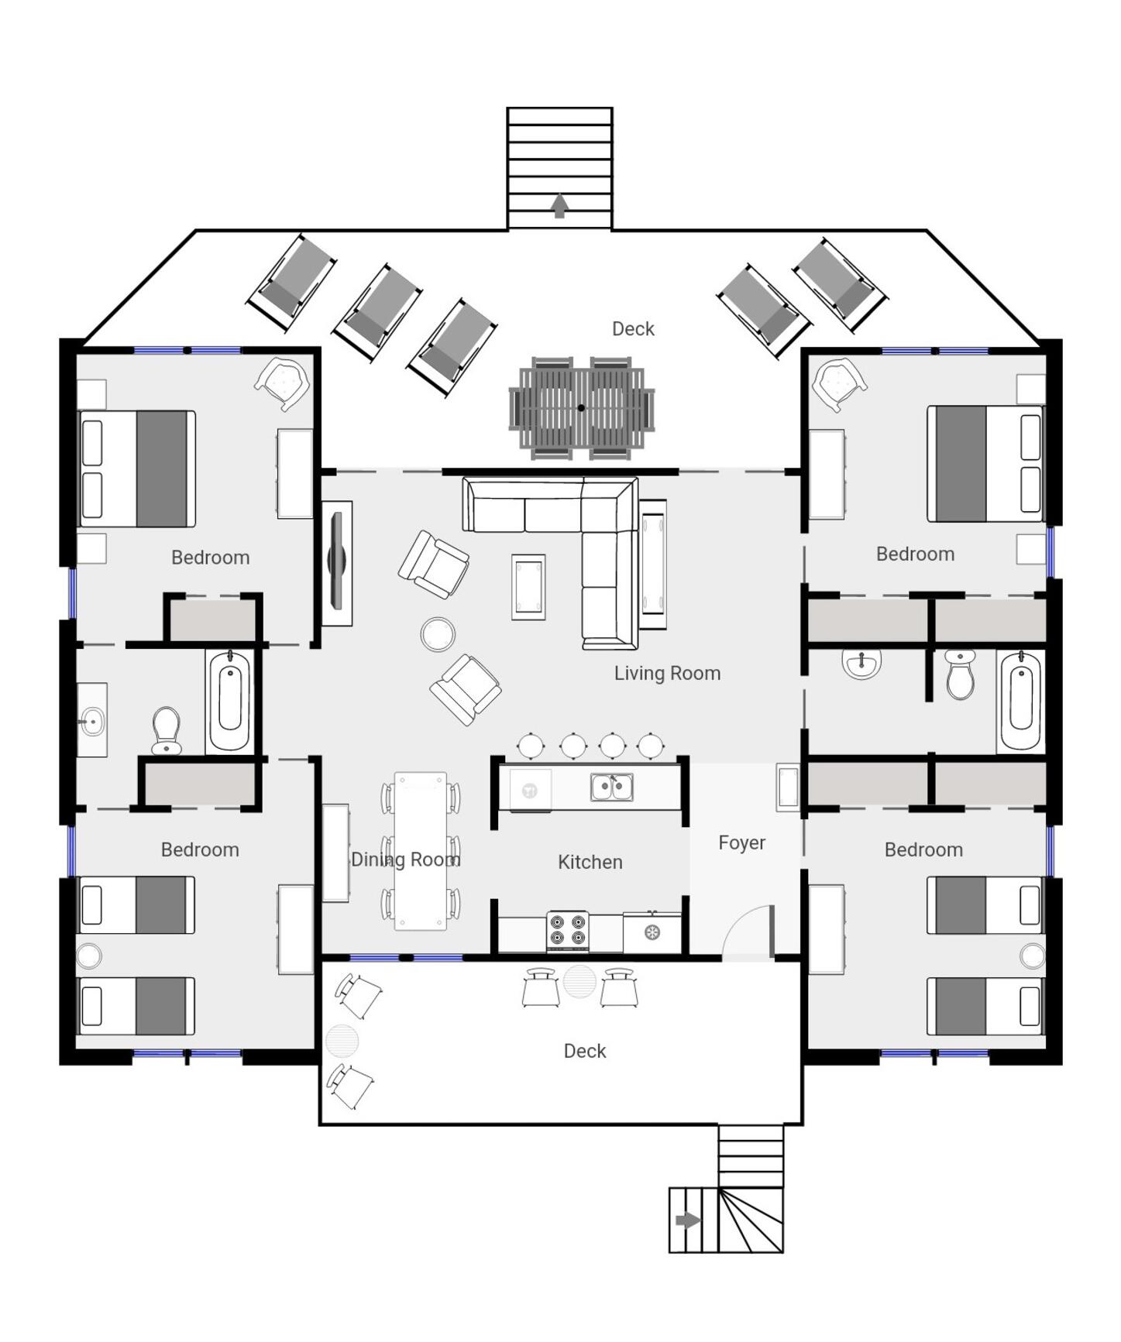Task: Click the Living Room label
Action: pos(667,673)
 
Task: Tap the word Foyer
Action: pos(741,843)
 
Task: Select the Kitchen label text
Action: pos(590,862)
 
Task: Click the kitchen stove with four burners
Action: pos(567,932)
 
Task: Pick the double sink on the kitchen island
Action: pos(612,788)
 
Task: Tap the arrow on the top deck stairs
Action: pos(559,206)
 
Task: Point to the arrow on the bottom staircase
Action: pos(688,1220)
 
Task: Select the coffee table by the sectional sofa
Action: pos(528,587)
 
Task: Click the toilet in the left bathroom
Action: pos(167,730)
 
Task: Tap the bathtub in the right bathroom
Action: pos(1020,701)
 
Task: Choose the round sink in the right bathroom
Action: pos(861,664)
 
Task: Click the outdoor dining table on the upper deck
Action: pos(582,408)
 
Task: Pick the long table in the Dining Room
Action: pos(421,850)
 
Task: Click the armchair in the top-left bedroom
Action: pos(283,383)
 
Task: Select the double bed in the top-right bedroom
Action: pos(985,463)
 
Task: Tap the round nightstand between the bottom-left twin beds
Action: pos(88,956)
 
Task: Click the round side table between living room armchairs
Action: pos(438,634)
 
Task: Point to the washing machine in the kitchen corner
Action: pos(652,932)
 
